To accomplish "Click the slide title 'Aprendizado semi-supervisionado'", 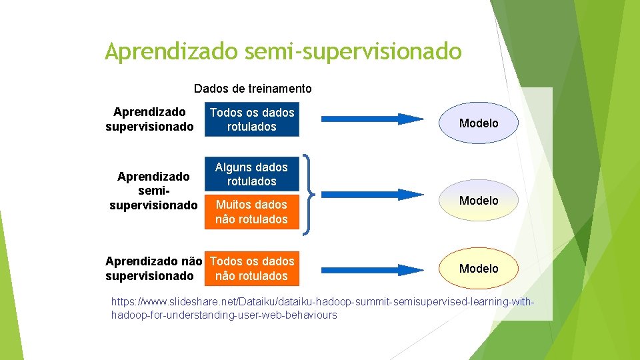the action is pos(283,51).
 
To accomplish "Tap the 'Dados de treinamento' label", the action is pos(252,89).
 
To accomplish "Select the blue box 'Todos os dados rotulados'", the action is pos(251,120).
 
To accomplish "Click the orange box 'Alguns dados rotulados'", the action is pos(251,174).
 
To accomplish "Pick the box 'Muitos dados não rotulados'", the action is pos(251,212).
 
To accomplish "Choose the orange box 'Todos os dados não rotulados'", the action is pos(251,269).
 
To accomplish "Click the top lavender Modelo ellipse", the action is pos(479,123).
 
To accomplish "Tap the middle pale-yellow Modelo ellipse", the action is pos(479,200).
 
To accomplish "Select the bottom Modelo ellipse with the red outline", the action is pos(479,268).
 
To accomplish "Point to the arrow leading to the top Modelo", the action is pos(373,119).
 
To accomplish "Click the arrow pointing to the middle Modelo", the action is pos(373,195).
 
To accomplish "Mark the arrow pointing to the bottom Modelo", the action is pos(373,269).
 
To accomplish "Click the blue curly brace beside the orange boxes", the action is pos(310,195).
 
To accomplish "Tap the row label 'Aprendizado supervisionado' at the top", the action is pos(149,119).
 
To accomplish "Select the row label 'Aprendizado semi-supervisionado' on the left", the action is pos(153,191).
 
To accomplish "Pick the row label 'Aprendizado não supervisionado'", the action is pos(153,269).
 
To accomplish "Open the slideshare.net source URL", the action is pos(323,309).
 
